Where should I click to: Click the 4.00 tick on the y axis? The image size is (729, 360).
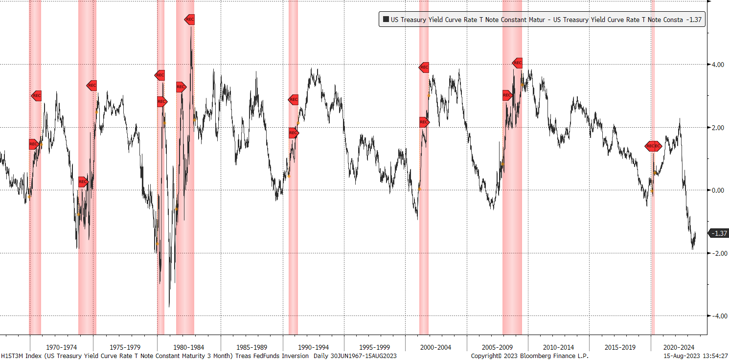click(718, 65)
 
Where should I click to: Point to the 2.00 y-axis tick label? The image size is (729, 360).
click(718, 128)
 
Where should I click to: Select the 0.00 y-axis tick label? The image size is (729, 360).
click(718, 190)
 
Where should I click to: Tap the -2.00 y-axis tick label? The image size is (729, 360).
click(717, 253)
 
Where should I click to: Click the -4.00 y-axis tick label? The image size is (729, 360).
click(717, 316)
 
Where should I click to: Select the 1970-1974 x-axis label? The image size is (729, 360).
click(61, 347)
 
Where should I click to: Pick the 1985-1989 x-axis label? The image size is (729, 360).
click(251, 347)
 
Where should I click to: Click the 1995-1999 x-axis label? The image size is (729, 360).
click(374, 347)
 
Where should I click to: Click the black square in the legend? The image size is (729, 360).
click(386, 20)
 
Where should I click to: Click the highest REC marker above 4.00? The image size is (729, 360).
click(190, 20)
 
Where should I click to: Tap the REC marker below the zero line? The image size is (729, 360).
click(83, 182)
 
